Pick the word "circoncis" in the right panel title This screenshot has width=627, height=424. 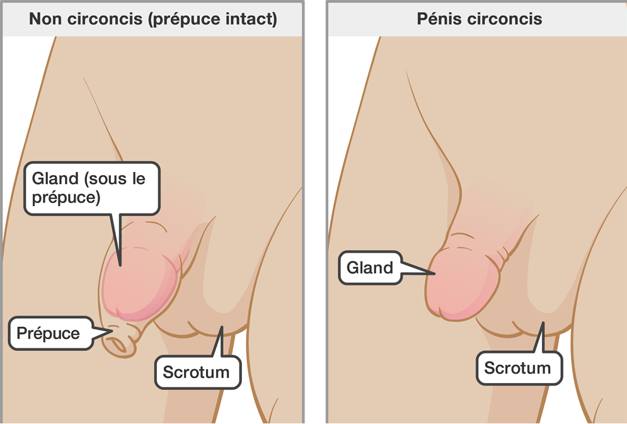[506, 19]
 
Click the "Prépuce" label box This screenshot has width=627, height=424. [49, 333]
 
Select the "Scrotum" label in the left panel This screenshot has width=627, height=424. [196, 372]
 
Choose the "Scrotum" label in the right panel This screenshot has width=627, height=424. [517, 367]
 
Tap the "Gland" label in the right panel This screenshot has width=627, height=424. [370, 268]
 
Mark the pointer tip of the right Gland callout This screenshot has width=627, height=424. [434, 273]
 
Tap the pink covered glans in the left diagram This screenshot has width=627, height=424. [142, 280]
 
